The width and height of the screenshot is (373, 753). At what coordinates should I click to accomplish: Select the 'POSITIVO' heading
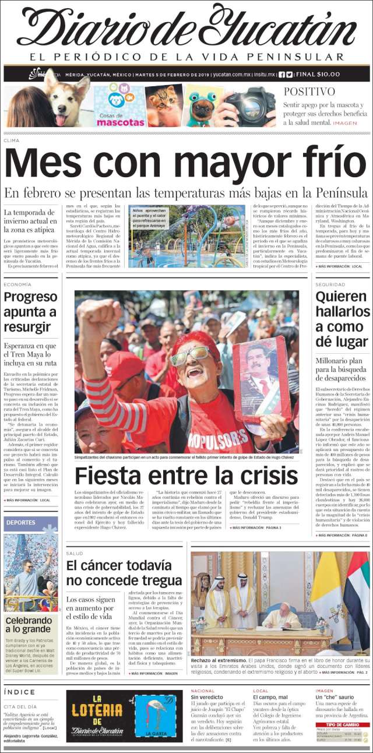pos(309,92)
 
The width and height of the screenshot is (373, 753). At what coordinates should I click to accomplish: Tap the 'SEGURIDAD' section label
pos(330,284)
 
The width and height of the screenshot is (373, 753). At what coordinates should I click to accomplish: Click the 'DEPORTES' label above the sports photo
pos(21,523)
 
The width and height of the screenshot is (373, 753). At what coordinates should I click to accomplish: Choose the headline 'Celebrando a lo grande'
pos(29,624)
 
